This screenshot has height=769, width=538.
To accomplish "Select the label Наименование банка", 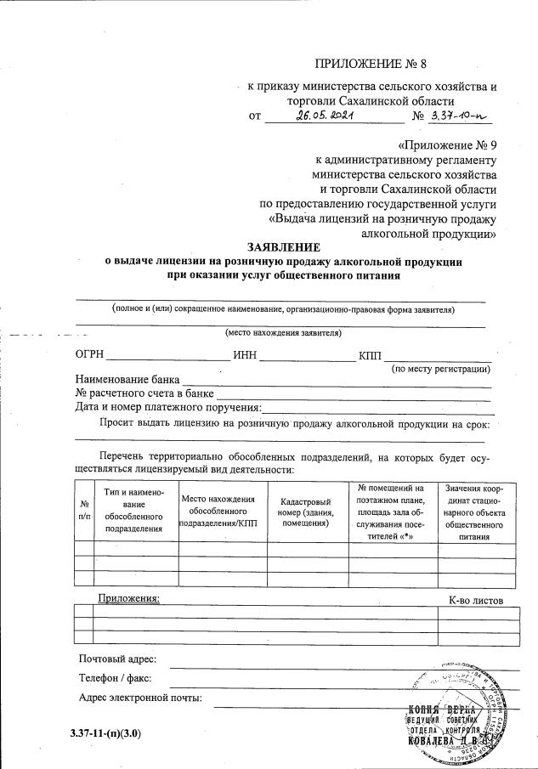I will click(x=128, y=380).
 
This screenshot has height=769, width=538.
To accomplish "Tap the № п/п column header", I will click(x=83, y=510).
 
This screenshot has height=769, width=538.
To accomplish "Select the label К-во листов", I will click(x=476, y=601).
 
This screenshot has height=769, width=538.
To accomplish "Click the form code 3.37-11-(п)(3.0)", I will click(x=105, y=732).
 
